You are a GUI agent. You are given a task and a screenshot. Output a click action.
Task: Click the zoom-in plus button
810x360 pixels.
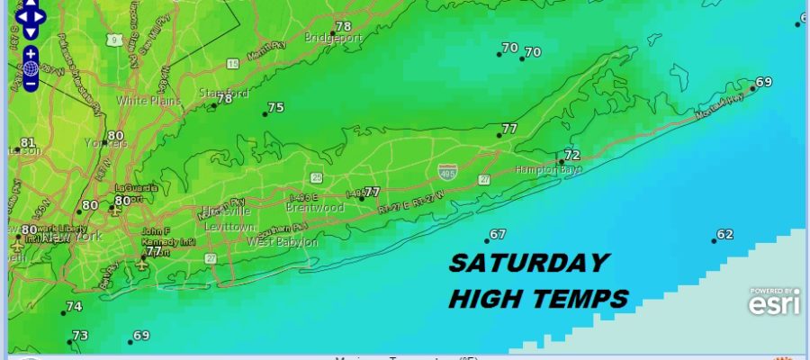coord(31,54)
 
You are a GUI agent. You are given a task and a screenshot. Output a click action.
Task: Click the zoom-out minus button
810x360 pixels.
coord(31,84)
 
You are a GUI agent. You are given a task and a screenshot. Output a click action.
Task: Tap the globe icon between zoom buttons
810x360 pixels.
coord(31,68)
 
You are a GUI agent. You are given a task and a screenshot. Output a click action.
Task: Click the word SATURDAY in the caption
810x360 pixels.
coord(528,263)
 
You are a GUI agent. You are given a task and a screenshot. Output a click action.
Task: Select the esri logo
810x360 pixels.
coord(773,304)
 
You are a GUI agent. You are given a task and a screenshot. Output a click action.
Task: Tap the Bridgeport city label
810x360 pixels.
coord(331,39)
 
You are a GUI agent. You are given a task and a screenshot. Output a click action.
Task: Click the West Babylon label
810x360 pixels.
coord(282,242)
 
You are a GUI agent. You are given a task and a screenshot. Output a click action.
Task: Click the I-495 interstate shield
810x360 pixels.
coord(446,169)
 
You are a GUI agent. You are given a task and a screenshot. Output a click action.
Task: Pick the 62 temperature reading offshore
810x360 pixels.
coord(724,235)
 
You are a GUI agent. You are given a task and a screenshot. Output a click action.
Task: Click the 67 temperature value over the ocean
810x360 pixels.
coord(497,235)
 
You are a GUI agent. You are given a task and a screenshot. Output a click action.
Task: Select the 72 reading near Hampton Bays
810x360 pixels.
coord(571,156)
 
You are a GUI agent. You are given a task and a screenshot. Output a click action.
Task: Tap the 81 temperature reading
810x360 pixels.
coord(27,142)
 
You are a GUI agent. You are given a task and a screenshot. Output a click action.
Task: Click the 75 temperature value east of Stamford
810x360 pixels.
coord(275,107)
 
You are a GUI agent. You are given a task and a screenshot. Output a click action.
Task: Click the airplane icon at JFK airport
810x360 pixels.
coord(141,265)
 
